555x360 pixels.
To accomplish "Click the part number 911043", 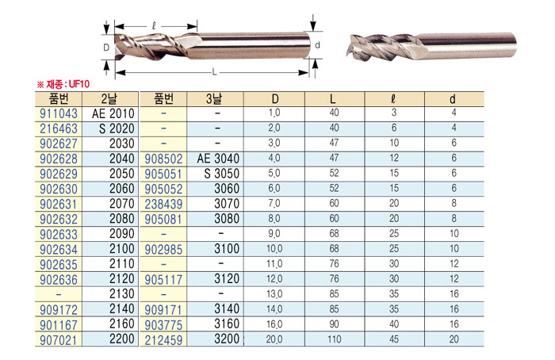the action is pos(59,113).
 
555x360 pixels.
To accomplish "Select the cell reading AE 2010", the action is pos(113,113).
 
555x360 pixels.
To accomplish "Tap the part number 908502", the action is pos(163,159).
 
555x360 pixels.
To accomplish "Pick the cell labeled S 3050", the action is pos(221,174).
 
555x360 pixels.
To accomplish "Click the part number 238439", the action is pos(163,205).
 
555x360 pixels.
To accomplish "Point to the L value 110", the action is pos(334,339).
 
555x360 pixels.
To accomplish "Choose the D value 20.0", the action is pos(274,339).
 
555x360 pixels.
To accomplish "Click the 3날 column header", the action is pos(214,99).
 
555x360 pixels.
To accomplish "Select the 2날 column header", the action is pos(109,99).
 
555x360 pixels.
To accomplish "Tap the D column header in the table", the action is pos(275,99).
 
